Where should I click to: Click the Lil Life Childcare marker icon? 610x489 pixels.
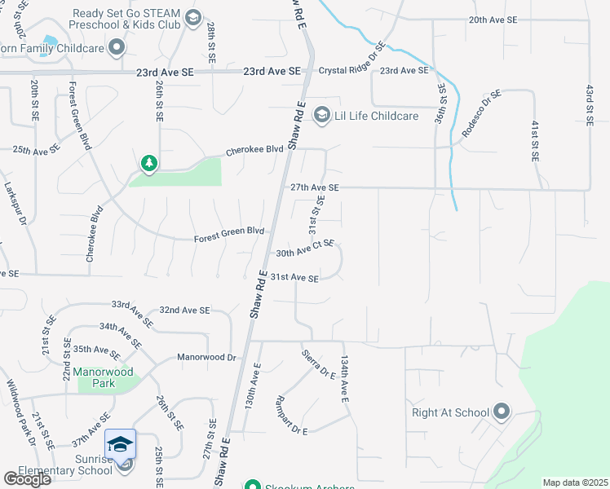[x=322, y=115]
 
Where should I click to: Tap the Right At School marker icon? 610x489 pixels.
[x=501, y=412]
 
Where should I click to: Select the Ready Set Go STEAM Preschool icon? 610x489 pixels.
[x=193, y=18]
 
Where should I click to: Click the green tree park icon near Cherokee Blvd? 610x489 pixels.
[x=148, y=165]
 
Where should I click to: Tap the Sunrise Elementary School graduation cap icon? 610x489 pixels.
[x=120, y=444]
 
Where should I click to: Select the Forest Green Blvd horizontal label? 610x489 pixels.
[x=229, y=236]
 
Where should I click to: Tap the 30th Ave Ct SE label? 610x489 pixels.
[x=305, y=249]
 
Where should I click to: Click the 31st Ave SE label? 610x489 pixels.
[x=294, y=278]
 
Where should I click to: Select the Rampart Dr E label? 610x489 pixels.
[x=292, y=416]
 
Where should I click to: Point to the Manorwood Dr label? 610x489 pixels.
[x=208, y=358]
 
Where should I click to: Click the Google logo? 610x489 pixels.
[x=28, y=479]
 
